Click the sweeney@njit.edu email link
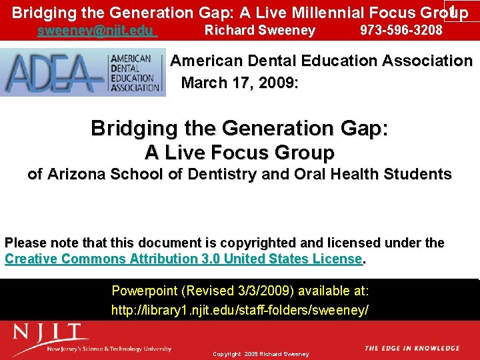tap(97, 31)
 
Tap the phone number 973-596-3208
tap(401, 30)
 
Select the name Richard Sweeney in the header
tap(259, 30)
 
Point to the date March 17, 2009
tap(239, 83)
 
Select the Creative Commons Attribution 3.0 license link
tap(183, 259)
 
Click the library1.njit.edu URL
tap(239, 310)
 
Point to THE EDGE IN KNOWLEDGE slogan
tap(412, 348)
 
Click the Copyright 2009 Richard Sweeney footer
tap(261, 354)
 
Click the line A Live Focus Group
tap(239, 153)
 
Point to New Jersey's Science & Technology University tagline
tap(109, 349)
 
